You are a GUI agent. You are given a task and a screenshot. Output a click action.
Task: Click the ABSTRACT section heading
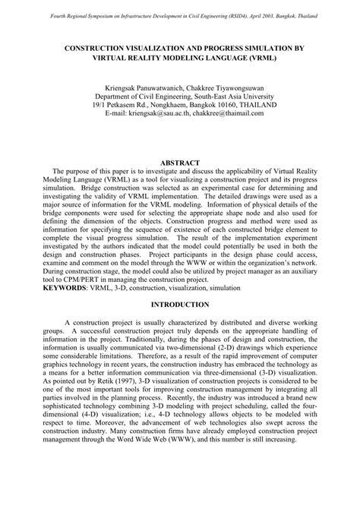tap(180, 163)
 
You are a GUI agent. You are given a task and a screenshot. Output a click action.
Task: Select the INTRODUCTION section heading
tap(180, 305)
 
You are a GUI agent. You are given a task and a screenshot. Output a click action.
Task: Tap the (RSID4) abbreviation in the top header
tap(234, 16)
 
